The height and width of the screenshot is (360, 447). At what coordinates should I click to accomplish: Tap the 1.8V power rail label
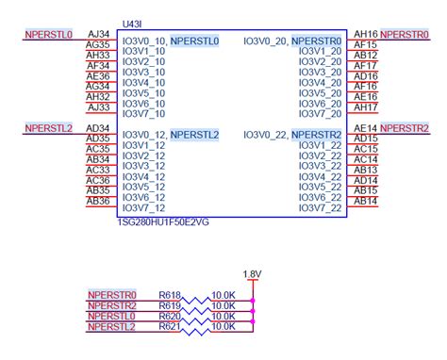click(x=252, y=274)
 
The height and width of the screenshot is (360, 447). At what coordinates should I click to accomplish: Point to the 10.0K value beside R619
click(x=224, y=305)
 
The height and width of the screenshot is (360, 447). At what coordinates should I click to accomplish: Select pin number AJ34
click(x=98, y=34)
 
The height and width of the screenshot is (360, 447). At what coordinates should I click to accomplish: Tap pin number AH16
click(x=366, y=33)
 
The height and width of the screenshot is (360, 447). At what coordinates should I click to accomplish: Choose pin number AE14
click(x=366, y=127)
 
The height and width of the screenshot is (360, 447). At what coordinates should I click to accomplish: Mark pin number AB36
click(x=98, y=200)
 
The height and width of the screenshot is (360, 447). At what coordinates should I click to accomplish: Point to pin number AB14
click(x=366, y=200)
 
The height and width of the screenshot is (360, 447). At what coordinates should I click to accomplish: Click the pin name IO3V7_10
click(x=144, y=114)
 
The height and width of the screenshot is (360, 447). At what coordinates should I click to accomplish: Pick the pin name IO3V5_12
click(x=144, y=187)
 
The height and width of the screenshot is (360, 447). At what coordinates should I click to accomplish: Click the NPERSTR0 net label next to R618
click(x=112, y=295)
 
